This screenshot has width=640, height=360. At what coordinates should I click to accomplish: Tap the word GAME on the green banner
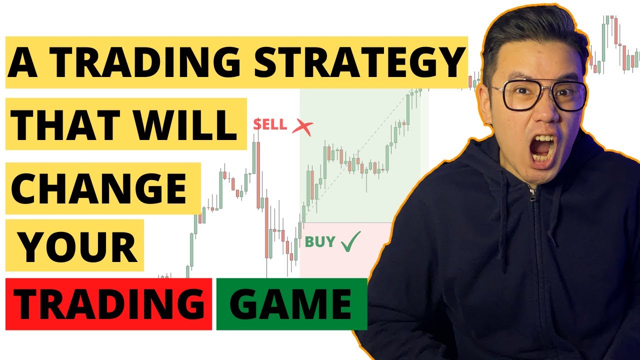click(x=291, y=304)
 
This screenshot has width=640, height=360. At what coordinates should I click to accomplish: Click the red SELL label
click(x=269, y=124)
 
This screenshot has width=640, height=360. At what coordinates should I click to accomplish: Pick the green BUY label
click(x=320, y=242)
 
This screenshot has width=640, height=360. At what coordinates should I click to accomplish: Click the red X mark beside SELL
click(x=302, y=127)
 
